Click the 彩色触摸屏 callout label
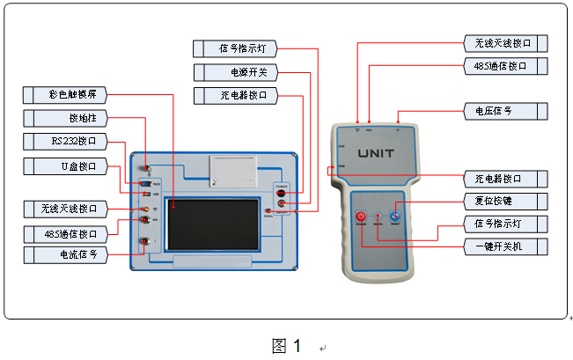click(73, 93)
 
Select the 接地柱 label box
click(73, 117)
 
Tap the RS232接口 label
click(73, 141)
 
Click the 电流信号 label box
click(73, 254)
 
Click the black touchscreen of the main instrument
click(211, 224)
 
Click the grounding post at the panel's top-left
click(148, 170)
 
